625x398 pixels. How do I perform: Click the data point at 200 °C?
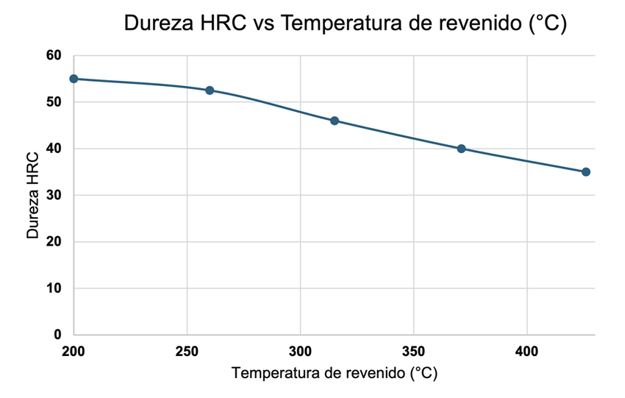coord(74,79)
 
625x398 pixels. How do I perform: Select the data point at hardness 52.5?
coord(210,90)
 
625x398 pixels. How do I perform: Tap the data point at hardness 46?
coord(335,121)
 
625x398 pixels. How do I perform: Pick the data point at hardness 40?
coord(461,149)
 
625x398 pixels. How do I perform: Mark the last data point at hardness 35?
coord(586,172)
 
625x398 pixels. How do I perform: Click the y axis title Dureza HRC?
coord(32,195)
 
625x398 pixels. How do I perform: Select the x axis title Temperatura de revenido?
coord(335,374)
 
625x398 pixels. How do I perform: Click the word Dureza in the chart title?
coord(157,24)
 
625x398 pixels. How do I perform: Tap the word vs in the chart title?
coord(265,24)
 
